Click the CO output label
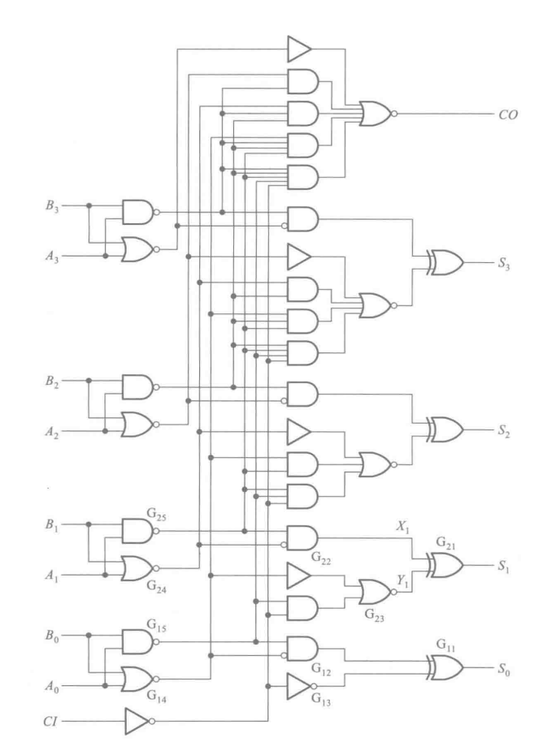pos(506,115)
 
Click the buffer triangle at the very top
pos(299,49)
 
